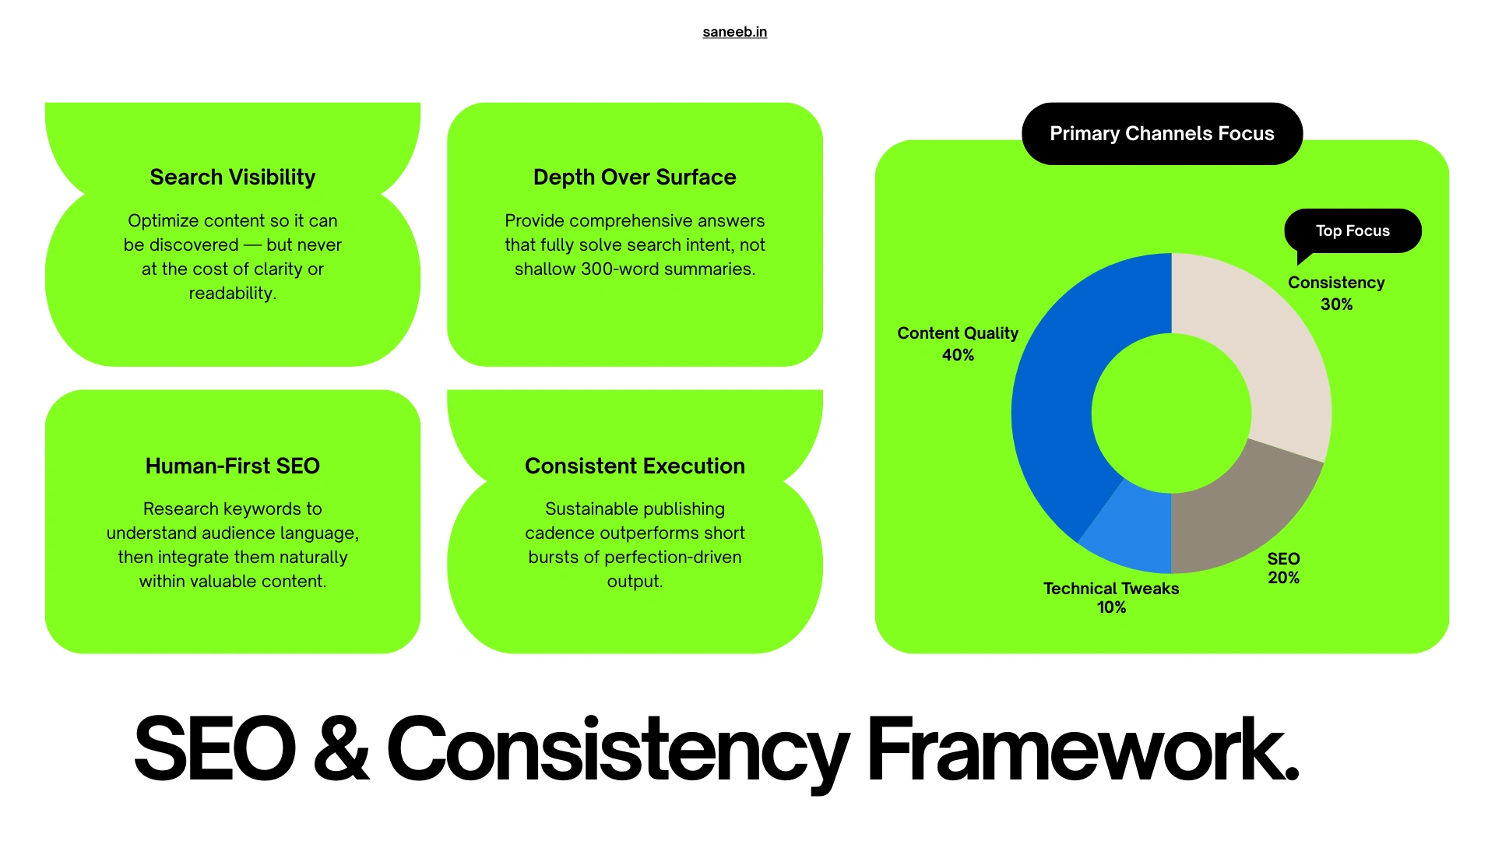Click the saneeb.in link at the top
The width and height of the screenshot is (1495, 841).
click(x=734, y=32)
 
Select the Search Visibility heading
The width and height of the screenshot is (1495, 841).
click(x=232, y=178)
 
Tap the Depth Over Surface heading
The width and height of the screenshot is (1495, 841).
click(x=635, y=178)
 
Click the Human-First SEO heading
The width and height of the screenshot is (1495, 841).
click(x=232, y=466)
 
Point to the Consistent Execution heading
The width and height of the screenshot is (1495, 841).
click(x=635, y=466)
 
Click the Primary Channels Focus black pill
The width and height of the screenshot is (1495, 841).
click(x=1162, y=134)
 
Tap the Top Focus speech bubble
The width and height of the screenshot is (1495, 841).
click(x=1353, y=230)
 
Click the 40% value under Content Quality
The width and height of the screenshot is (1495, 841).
click(x=958, y=355)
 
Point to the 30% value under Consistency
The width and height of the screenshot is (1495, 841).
click(x=1336, y=304)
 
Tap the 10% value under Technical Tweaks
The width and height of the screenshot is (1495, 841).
click(x=1111, y=607)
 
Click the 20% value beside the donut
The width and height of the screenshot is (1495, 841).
click(x=1283, y=578)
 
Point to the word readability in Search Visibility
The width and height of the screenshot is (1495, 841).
click(x=232, y=294)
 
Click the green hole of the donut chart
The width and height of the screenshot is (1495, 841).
click(x=1171, y=413)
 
